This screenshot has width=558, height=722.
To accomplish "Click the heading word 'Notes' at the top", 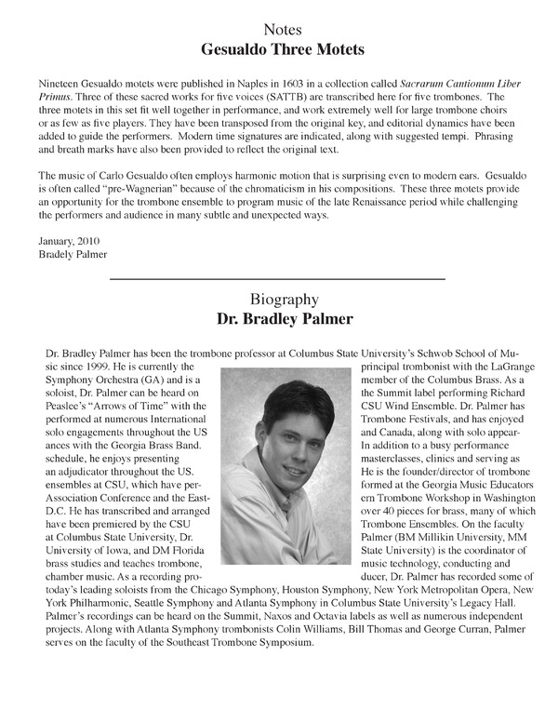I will [x=278, y=31].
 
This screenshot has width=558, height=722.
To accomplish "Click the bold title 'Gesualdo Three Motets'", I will [x=278, y=50].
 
